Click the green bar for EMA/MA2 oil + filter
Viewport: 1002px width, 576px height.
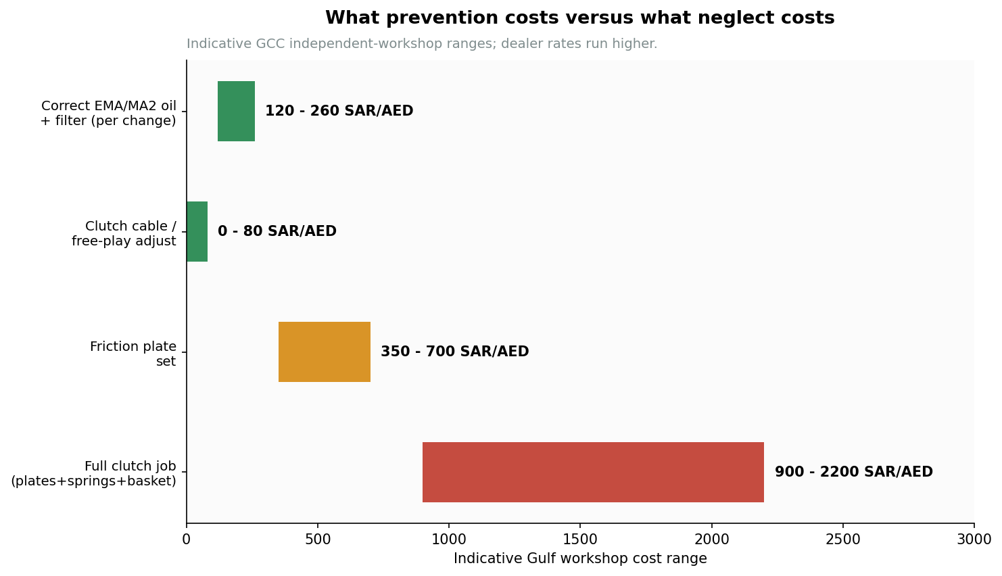pos(236,112)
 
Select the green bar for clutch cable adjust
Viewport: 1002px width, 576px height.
pos(197,232)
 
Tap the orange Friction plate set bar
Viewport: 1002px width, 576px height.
pos(325,352)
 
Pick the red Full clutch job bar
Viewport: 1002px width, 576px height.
pos(593,473)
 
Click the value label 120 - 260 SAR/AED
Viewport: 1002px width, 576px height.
pos(339,111)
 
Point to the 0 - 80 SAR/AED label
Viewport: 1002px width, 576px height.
pos(277,231)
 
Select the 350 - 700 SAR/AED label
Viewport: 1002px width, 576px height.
pos(454,352)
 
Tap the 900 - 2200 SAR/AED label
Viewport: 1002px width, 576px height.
pos(853,472)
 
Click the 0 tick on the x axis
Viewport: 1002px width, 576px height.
pos(187,539)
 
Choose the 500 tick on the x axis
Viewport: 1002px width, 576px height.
pos(318,539)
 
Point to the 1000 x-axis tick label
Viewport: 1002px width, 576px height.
pos(449,539)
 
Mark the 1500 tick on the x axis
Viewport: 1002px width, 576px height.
pos(580,539)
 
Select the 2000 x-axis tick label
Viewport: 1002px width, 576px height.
pos(712,539)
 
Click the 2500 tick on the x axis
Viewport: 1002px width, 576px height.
pos(842,539)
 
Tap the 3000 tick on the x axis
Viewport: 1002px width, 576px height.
pos(974,539)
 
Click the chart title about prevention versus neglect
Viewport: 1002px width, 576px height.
pos(579,18)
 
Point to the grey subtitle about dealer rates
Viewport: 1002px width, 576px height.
pos(422,44)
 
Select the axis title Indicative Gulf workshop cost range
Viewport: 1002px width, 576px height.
pos(580,558)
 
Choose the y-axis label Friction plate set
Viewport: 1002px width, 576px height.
pos(133,354)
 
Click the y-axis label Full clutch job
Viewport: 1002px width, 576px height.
pos(93,474)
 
